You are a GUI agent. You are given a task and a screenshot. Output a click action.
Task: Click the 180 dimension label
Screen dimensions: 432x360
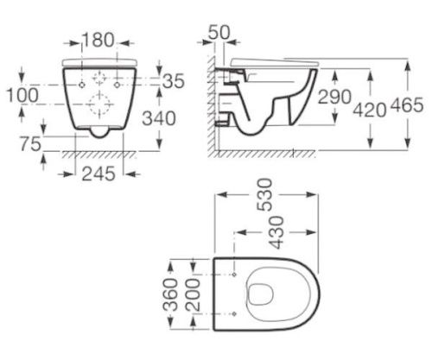point(98,40)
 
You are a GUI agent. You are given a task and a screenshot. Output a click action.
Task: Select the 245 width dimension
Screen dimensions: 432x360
point(98,174)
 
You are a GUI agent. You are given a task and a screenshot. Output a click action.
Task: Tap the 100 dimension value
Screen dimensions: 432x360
point(22,95)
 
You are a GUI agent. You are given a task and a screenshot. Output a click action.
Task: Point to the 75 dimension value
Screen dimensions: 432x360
point(30,144)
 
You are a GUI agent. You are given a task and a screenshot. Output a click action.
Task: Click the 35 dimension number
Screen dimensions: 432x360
point(173,81)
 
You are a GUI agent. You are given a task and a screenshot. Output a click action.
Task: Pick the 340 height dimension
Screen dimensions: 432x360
point(159,118)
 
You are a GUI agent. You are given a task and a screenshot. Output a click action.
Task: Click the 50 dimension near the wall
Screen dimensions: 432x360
point(219,32)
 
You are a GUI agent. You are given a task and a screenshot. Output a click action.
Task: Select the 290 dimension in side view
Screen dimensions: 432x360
point(334,97)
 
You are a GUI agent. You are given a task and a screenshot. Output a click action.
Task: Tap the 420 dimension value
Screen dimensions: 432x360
point(370,110)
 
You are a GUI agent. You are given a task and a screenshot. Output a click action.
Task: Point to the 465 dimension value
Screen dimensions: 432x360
point(407,105)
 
